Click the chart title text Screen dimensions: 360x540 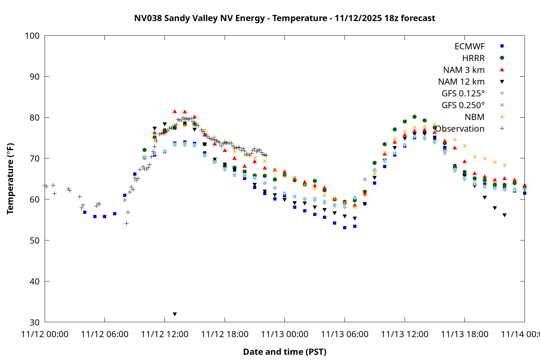point(284,18)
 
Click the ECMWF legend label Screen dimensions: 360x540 point(469,46)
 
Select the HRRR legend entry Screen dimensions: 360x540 point(473,58)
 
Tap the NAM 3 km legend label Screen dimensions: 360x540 point(464,70)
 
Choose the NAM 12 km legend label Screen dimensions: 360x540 point(461,82)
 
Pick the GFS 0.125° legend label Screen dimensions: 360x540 point(463,94)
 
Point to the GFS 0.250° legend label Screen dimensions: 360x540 point(463,105)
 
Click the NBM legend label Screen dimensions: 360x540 point(474,117)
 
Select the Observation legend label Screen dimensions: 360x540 point(460,129)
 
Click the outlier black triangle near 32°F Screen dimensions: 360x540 point(175,314)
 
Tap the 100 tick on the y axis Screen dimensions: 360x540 point(32,36)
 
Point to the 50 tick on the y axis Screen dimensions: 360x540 point(35,240)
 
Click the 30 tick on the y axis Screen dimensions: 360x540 point(35,322)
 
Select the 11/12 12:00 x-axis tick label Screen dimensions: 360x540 point(165,334)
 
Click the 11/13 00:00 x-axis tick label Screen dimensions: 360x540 point(284,334)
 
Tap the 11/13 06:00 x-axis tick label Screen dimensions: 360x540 point(345,334)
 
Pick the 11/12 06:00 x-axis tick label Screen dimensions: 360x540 point(104,334)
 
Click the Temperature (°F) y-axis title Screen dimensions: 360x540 point(10,179)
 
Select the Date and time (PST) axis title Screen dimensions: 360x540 point(284,352)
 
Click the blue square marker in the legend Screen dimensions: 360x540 point(502,46)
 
